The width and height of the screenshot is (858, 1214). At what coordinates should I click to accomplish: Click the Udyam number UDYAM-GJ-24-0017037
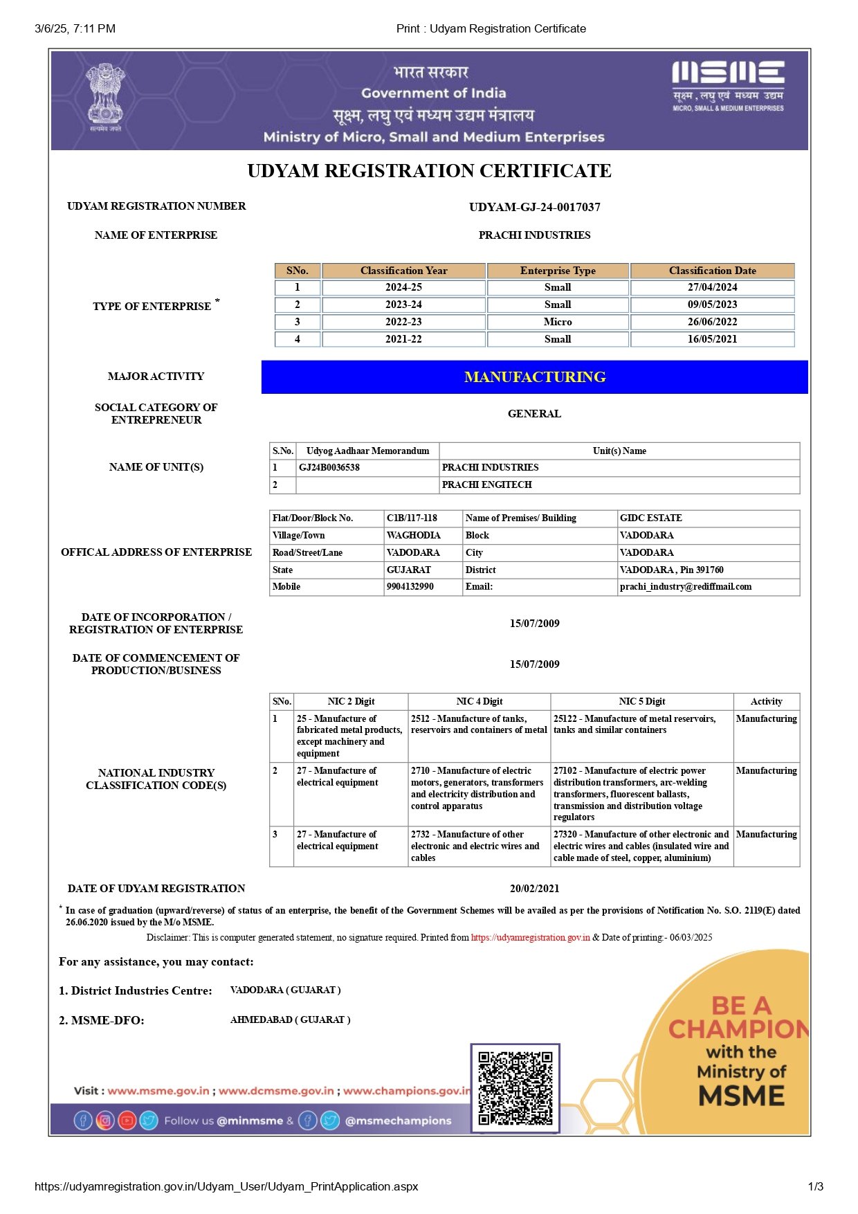pos(534,207)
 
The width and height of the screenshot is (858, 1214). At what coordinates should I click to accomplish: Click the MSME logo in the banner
pos(728,86)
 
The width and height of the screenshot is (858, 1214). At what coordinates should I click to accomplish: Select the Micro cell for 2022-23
pos(558,322)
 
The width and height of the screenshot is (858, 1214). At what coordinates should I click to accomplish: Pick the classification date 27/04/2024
pos(712,287)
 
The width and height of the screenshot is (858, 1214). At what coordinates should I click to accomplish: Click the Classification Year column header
pos(403,271)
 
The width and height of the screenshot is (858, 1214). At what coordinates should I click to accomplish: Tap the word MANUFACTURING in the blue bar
pos(535,377)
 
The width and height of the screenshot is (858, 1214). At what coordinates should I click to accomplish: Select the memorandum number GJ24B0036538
pos(329,467)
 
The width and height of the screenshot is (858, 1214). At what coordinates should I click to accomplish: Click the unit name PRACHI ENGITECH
pos(487,484)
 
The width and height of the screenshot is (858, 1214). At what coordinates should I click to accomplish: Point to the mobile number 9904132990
pos(410,586)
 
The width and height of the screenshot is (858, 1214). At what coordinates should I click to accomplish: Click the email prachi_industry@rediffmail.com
pos(686,586)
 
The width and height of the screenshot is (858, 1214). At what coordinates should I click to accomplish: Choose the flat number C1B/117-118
pos(412,518)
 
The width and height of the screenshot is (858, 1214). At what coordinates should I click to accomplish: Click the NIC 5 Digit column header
pos(641,701)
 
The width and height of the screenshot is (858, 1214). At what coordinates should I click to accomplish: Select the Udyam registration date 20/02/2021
pos(534,889)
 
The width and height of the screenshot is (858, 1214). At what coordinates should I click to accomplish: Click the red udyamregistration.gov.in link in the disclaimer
pos(530,938)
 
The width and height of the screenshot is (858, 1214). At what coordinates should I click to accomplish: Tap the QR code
pos(515,1088)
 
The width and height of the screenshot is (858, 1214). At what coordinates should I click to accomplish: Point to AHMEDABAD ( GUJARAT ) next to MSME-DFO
pos(290,1020)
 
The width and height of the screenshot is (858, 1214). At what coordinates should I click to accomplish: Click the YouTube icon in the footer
pos(127,1120)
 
